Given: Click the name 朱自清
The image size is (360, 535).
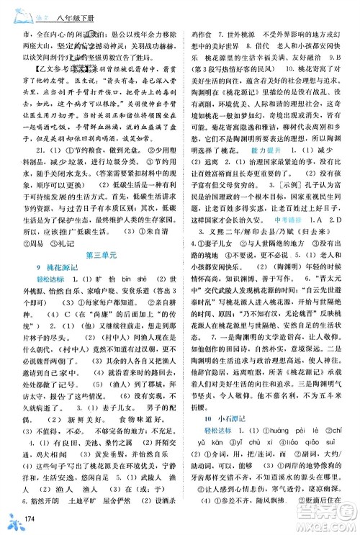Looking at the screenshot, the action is coord(164,231).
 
